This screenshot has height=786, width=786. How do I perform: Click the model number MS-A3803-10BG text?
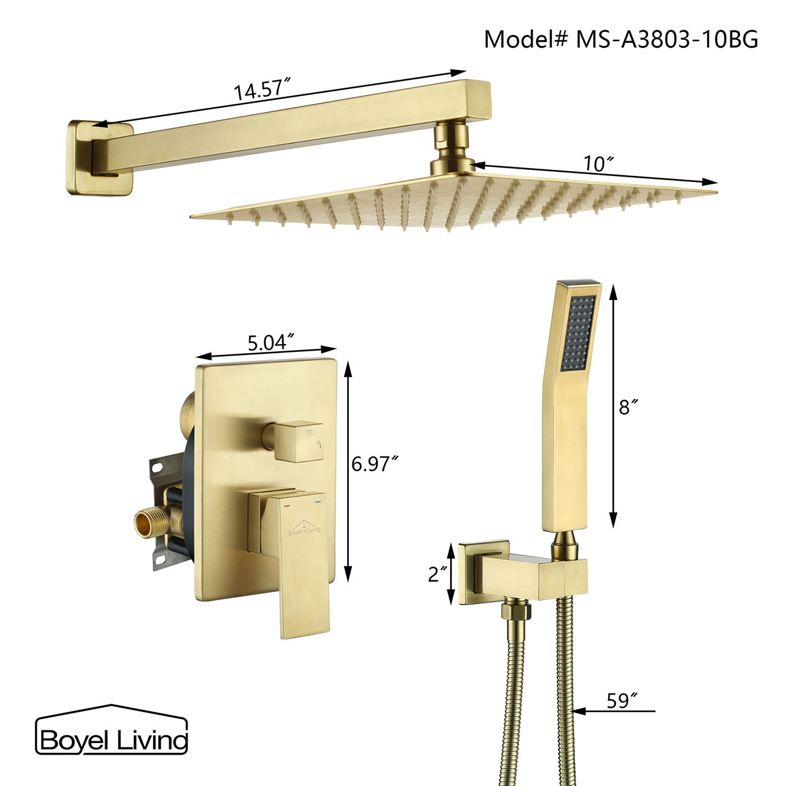(621, 39)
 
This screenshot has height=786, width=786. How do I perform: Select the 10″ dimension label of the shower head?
(599, 163)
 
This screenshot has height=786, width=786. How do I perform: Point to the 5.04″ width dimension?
(270, 342)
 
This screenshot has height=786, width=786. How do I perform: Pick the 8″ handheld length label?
(629, 408)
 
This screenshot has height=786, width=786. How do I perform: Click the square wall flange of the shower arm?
(99, 158)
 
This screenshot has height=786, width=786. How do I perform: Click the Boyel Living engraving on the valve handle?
(304, 530)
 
